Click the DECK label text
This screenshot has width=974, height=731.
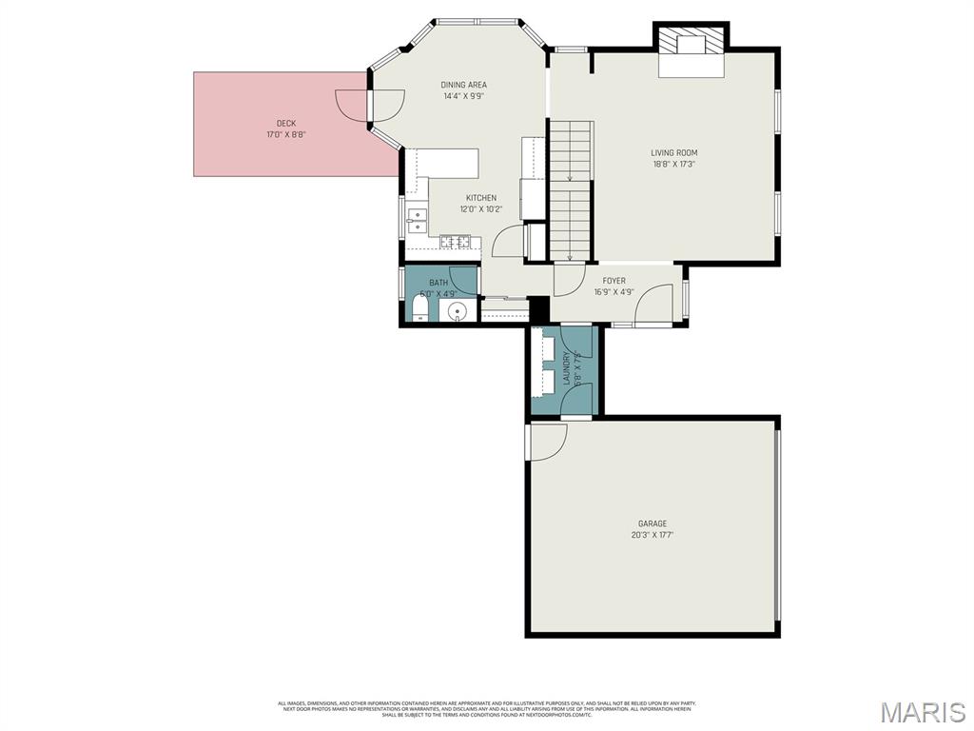(285, 123)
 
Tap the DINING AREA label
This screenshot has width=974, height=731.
(463, 85)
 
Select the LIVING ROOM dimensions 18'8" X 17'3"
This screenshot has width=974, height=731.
(673, 164)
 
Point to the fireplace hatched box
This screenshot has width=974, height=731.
(690, 43)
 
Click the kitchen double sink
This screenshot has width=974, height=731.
(417, 221)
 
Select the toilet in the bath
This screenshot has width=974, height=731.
(419, 311)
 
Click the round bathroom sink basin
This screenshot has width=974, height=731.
(458, 312)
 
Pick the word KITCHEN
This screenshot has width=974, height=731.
(480, 198)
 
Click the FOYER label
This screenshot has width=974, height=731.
(614, 281)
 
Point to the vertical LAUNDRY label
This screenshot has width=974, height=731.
(566, 367)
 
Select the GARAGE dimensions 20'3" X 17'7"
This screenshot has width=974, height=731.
(652, 535)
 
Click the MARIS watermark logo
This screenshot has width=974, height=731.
(922, 712)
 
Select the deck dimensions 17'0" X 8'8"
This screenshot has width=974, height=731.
(285, 134)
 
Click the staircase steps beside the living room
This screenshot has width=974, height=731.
(572, 190)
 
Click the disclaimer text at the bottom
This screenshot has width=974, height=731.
(486, 709)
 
